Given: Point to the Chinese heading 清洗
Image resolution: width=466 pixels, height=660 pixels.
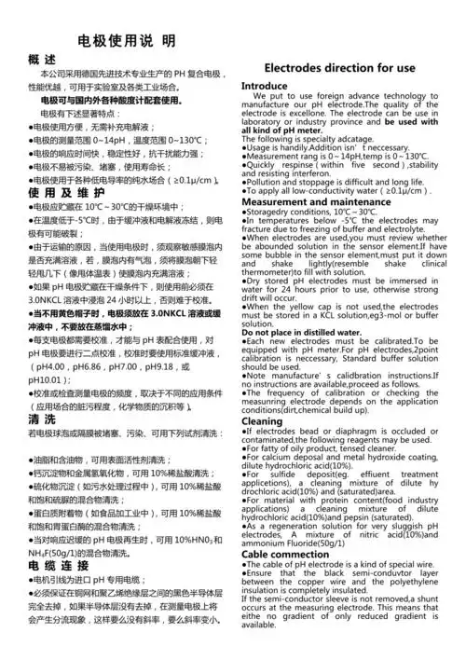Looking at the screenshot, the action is [42, 420].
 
